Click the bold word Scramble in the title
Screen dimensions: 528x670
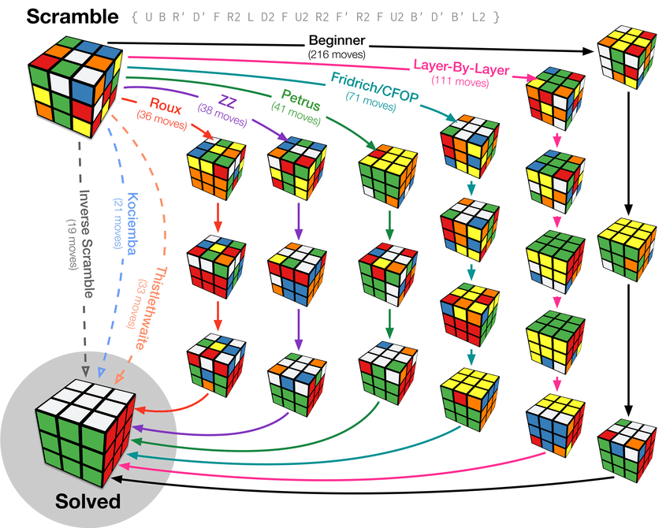[61, 16]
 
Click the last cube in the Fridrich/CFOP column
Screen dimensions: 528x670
[471, 392]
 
